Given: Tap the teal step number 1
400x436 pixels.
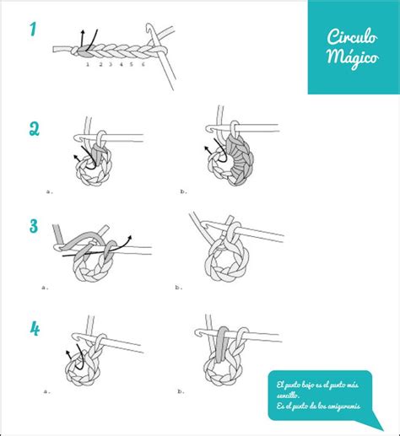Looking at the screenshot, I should coord(33,31).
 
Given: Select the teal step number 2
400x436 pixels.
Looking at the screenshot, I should coord(34,128).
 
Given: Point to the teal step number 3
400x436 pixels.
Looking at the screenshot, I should coord(34,226).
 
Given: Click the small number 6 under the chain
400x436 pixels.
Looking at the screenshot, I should coord(143,64).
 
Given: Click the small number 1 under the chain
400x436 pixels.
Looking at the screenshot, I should coord(89,64).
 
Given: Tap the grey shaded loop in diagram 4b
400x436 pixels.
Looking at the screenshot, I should coord(223,349).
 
